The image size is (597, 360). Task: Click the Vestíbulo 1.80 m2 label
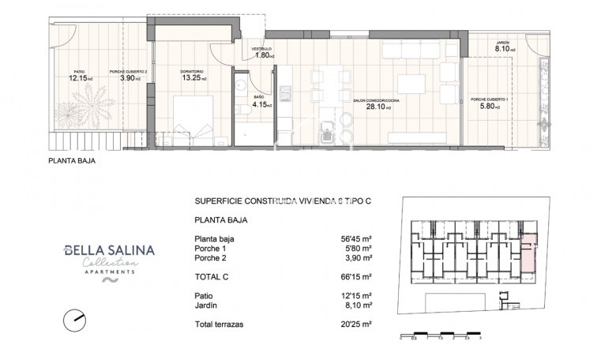click(263, 54)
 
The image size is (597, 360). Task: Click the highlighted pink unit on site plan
click(528, 251)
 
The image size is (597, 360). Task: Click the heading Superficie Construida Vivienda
click(282, 201)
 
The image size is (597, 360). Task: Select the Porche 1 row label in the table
click(209, 249)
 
